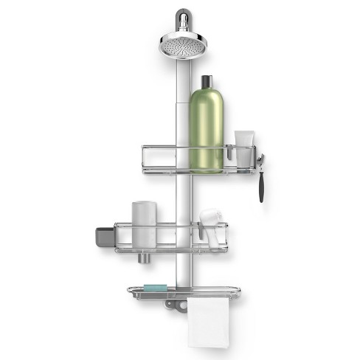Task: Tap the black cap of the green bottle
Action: click(206, 80)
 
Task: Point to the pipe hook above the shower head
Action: click(181, 18)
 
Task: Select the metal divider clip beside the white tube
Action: click(229, 153)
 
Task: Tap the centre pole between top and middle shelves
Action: click(181, 195)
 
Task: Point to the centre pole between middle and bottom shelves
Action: click(181, 269)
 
